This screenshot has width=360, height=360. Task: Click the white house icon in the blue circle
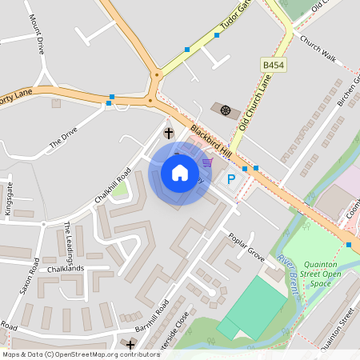click(x=180, y=173)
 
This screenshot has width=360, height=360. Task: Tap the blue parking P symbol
click(x=232, y=179)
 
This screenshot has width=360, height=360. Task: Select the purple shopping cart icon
click(x=207, y=163)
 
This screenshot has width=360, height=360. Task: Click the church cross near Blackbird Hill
click(x=169, y=133)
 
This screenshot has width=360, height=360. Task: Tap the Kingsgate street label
click(x=10, y=195)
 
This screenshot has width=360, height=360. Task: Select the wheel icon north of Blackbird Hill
click(x=226, y=109)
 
